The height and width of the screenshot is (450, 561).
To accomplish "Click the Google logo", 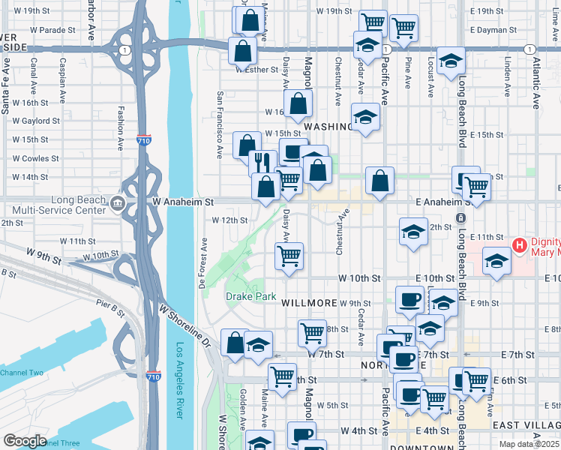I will [25, 440].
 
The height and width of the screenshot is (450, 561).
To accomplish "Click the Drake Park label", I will [251, 297].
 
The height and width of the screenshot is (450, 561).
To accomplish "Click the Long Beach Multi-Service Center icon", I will [118, 202].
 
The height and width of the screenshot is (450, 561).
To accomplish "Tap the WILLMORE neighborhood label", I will [308, 303].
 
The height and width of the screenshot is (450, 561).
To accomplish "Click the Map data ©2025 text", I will [529, 444].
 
